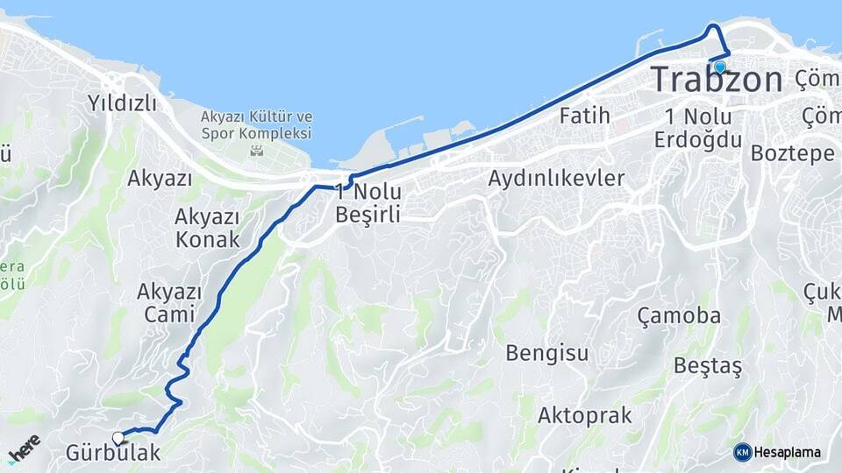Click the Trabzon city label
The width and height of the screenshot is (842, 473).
pos(716,80)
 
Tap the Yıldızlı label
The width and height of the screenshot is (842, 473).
pos(122,103)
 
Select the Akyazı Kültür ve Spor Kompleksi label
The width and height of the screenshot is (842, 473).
pos(256,125)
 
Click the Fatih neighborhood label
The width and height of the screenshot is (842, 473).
pos(584,115)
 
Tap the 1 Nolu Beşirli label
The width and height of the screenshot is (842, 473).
pos(368,202)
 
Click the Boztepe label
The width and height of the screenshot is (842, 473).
pos(792,152)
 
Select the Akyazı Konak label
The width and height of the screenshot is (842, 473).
pos(207,228)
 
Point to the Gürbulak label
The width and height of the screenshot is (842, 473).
pos(113,453)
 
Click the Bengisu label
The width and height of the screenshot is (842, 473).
pos(546,353)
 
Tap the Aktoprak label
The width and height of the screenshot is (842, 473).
pos(584,415)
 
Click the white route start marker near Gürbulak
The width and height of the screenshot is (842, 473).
pos(118,437)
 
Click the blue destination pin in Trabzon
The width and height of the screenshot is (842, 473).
pos(720,67)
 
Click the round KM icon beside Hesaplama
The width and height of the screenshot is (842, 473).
pos(742,452)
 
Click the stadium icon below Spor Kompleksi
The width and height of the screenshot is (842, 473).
pos(256,151)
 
